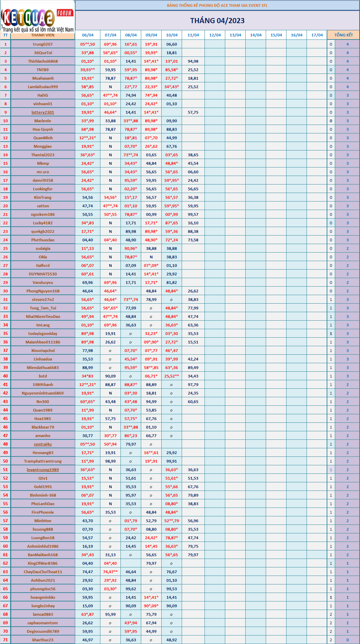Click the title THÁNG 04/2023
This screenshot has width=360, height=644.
(x=217, y=21)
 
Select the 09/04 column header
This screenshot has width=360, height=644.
(x=151, y=35)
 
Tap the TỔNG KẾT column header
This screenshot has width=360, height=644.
(x=343, y=35)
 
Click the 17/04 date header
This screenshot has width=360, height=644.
(x=317, y=35)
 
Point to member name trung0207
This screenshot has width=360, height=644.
(x=43, y=44)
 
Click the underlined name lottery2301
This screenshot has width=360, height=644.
(x=43, y=112)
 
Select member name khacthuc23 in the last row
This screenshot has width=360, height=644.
(x=43, y=640)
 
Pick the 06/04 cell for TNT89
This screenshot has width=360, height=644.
(x=87, y=70)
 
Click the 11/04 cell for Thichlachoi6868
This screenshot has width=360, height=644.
(x=193, y=61)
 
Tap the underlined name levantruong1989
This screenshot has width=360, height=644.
(x=43, y=470)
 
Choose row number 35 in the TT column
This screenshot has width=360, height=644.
(x=5, y=334)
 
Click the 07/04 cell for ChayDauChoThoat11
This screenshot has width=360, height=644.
(x=110, y=572)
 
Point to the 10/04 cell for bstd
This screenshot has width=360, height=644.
(x=171, y=376)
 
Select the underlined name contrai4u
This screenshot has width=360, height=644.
(x=43, y=444)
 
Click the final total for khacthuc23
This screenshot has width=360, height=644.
(x=347, y=640)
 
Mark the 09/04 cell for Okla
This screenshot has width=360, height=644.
(x=151, y=257)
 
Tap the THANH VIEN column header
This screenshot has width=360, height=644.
(x=43, y=35)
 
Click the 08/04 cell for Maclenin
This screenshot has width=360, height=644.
(x=131, y=121)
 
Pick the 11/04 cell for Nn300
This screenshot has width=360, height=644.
(x=193, y=402)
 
